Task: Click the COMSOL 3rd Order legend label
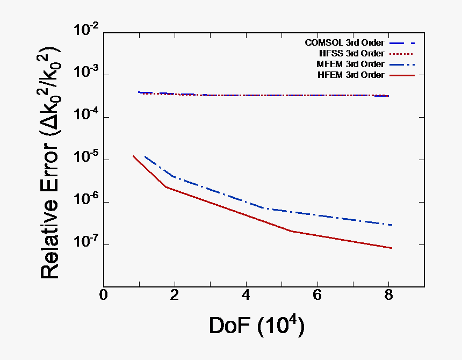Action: click(344, 42)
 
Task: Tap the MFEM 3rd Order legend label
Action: click(350, 64)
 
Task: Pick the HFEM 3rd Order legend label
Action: click(351, 75)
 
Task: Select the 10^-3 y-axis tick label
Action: click(86, 75)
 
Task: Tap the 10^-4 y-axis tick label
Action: click(86, 117)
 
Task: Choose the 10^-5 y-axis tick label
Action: click(86, 160)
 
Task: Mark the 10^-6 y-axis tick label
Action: click(86, 202)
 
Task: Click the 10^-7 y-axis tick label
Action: click(86, 244)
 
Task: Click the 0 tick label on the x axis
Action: click(104, 296)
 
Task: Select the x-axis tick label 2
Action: click(175, 296)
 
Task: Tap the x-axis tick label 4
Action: click(246, 296)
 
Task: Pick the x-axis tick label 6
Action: click(317, 296)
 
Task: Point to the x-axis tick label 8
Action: click(388, 296)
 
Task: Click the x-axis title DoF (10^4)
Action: click(257, 326)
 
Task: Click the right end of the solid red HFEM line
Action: click(392, 248)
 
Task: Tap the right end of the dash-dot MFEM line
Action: click(392, 225)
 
